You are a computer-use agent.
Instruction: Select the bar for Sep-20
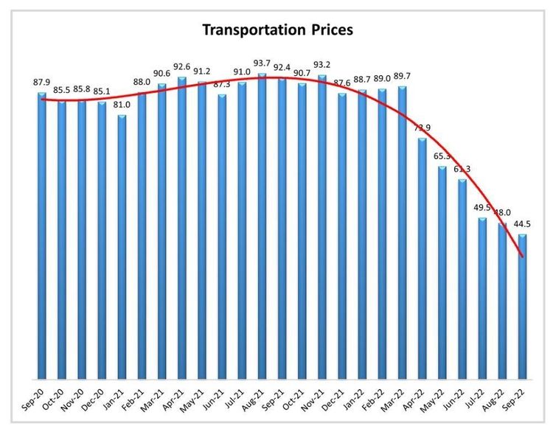(x=42, y=236)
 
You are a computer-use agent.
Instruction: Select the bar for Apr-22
(x=422, y=258)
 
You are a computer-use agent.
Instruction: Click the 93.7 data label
(x=262, y=64)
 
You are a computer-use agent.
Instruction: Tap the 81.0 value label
(x=122, y=105)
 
